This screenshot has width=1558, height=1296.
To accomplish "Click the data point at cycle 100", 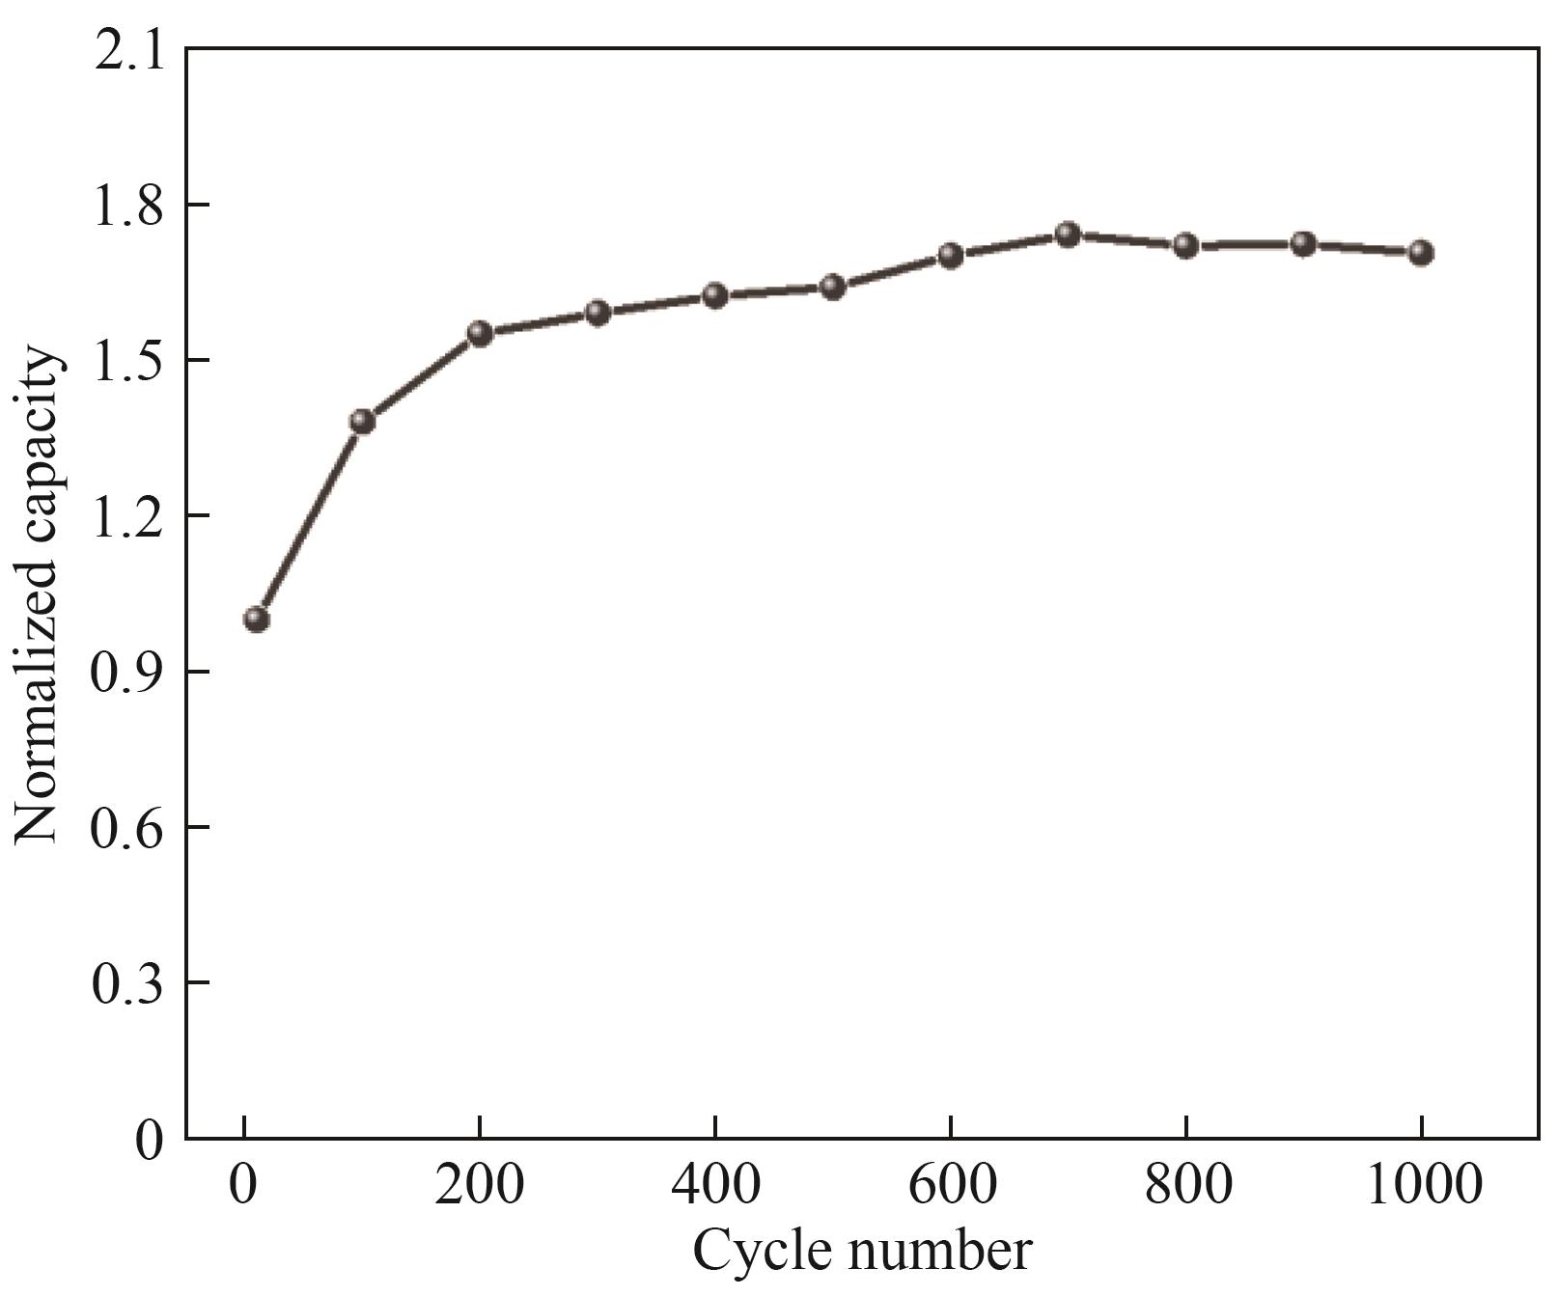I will (x=363, y=421).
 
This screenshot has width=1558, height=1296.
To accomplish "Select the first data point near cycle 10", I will (x=257, y=619).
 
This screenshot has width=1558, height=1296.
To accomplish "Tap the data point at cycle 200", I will (x=480, y=334).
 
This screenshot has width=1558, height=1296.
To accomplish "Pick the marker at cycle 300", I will (x=598, y=313).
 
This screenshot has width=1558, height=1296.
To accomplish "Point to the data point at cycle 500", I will (x=833, y=287).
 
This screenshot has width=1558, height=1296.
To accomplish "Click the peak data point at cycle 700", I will (x=1068, y=234).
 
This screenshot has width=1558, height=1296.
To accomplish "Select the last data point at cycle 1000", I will (x=1420, y=253).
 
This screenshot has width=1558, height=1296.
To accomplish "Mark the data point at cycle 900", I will (x=1303, y=243).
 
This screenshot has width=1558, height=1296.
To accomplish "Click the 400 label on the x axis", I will (x=714, y=1185).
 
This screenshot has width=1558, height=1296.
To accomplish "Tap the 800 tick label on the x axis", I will (x=1185, y=1185).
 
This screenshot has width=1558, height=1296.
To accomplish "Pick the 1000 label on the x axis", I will (x=1421, y=1185).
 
